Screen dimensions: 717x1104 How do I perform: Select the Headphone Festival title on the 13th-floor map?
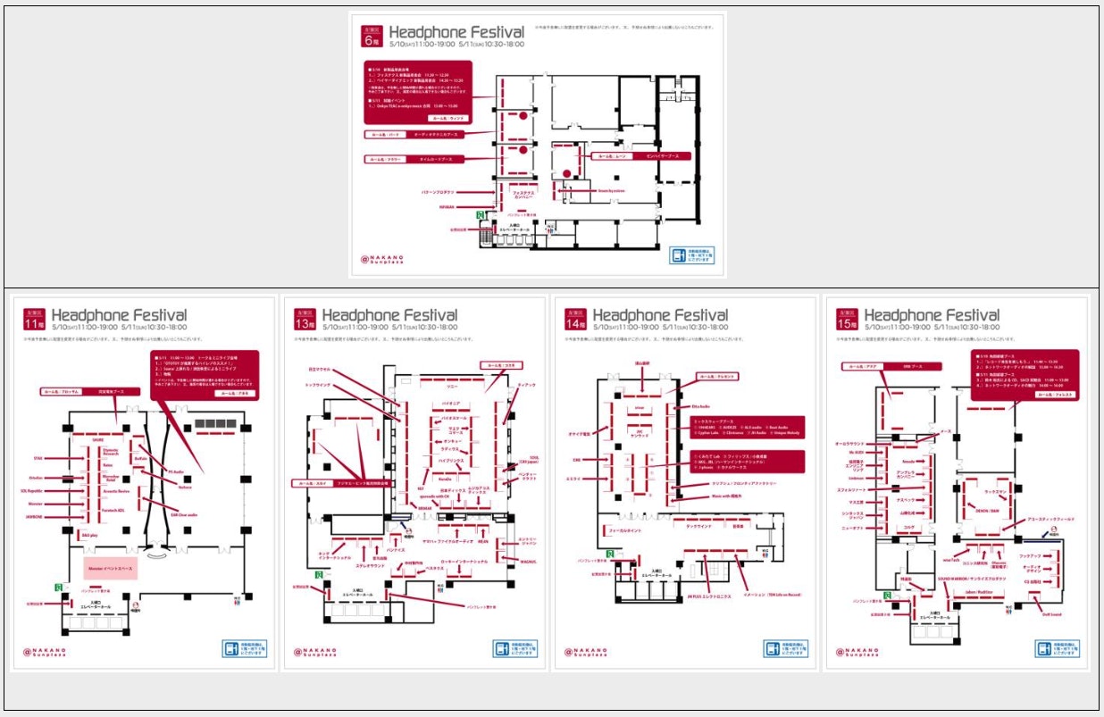coord(389,315)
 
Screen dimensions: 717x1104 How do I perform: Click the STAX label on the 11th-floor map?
coord(38,458)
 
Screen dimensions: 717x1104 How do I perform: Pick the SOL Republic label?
coord(31,490)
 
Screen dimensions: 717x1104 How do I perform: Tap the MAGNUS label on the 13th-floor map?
coord(527,561)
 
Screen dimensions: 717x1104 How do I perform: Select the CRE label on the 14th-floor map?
coord(576,460)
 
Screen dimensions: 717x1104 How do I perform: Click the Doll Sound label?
coord(1050,613)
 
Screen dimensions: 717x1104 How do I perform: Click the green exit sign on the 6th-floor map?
coord(480,215)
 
